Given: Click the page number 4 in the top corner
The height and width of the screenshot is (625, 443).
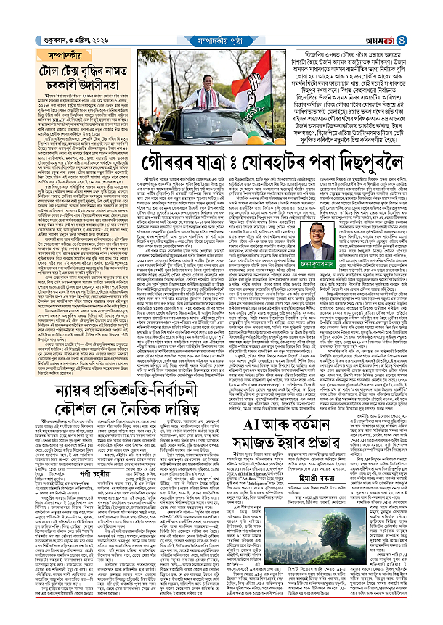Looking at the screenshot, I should pyautogui.click(x=433, y=9).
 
